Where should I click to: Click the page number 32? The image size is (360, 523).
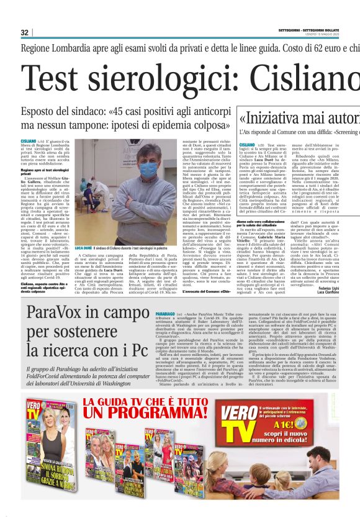point(24,32)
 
